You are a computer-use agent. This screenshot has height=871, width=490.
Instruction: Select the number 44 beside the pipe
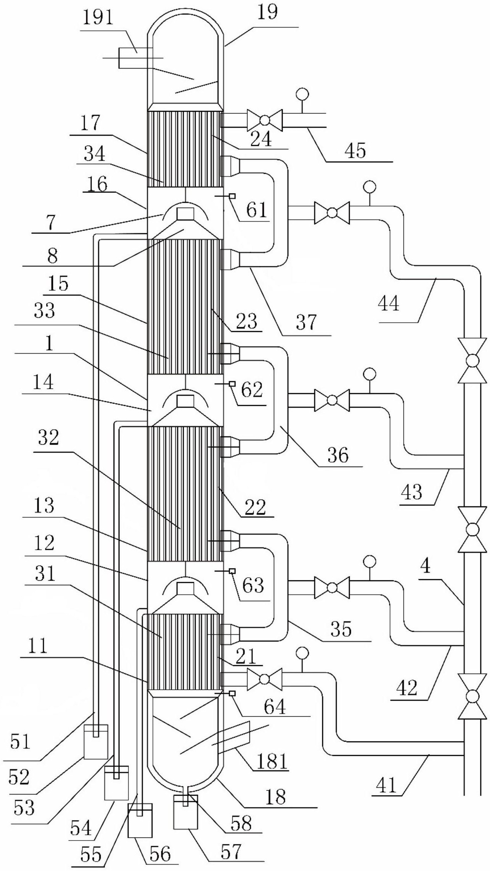pyautogui.click(x=389, y=304)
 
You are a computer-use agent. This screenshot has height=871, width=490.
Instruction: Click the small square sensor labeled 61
pyautogui.click(x=231, y=196)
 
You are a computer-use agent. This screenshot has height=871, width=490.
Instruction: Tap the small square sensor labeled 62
pyautogui.click(x=231, y=384)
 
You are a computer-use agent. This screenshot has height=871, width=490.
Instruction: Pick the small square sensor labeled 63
pyautogui.click(x=231, y=571)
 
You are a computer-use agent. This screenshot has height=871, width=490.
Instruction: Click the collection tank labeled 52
pyautogui.click(x=96, y=741)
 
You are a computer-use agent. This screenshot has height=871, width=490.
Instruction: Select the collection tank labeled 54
pyautogui.click(x=117, y=783)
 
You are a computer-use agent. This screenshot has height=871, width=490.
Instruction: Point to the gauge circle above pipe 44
pyautogui.click(x=370, y=187)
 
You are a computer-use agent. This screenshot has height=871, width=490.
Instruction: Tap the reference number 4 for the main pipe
pyautogui.click(x=426, y=567)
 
